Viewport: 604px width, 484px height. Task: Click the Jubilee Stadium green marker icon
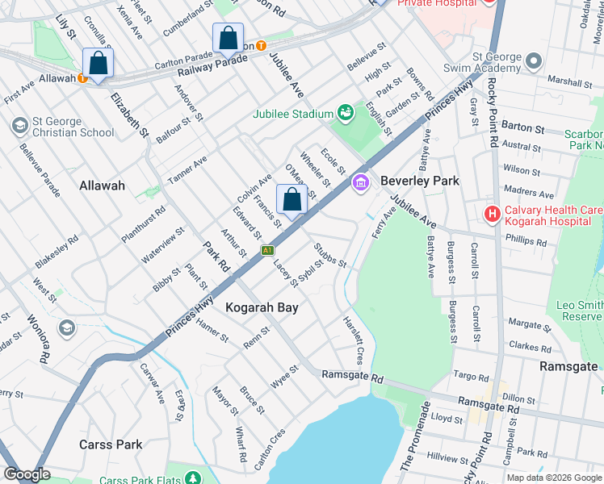pyautogui.click(x=346, y=113)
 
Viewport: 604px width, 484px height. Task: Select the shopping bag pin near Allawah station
pyautogui.click(x=98, y=64)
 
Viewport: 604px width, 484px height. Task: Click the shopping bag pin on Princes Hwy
pyautogui.click(x=292, y=200)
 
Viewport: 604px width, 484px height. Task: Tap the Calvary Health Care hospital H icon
pyautogui.click(x=491, y=214)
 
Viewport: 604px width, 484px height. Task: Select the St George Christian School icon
pyautogui.click(x=19, y=126)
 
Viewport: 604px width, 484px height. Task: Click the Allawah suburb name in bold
pyautogui.click(x=102, y=186)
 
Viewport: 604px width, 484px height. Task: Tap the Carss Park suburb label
pyautogui.click(x=111, y=444)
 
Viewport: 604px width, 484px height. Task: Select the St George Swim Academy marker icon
pyautogui.click(x=532, y=61)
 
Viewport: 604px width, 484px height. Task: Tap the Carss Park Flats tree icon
pyautogui.click(x=193, y=479)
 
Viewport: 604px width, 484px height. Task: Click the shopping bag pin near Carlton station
pyautogui.click(x=229, y=39)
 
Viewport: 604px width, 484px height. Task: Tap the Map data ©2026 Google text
pyautogui.click(x=553, y=478)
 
